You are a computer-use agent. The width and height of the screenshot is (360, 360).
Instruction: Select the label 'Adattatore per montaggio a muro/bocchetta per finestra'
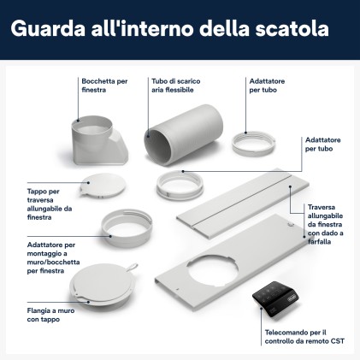tap(51, 257)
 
